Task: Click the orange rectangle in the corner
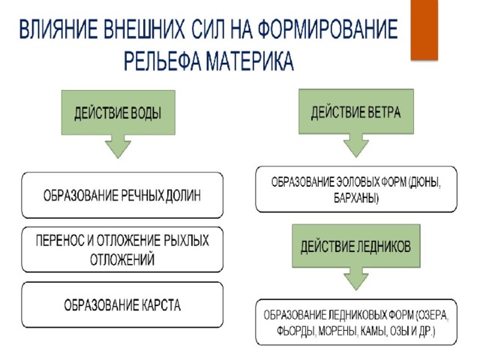pyautogui.click(x=424, y=30)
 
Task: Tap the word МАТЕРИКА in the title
pyautogui.click(x=250, y=61)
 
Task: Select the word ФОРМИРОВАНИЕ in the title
pyautogui.click(x=328, y=30)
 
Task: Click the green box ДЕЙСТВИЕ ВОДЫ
pyautogui.click(x=118, y=112)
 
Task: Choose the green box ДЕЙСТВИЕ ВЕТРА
pyautogui.click(x=356, y=112)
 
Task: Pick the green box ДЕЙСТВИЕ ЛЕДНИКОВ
pyautogui.click(x=356, y=246)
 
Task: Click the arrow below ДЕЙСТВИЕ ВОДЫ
pyautogui.click(x=118, y=146)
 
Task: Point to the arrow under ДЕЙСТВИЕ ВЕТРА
pyautogui.click(x=356, y=145)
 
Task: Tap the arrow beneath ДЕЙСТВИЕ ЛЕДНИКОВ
pyautogui.click(x=356, y=279)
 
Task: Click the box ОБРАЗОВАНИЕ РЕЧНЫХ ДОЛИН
pyautogui.click(x=122, y=195)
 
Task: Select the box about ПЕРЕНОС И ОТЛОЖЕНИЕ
pyautogui.click(x=122, y=250)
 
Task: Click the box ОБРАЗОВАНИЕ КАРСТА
pyautogui.click(x=122, y=305)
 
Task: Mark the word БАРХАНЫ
pyautogui.click(x=356, y=198)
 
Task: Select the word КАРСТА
pyautogui.click(x=161, y=305)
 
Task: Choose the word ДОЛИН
pyautogui.click(x=183, y=196)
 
